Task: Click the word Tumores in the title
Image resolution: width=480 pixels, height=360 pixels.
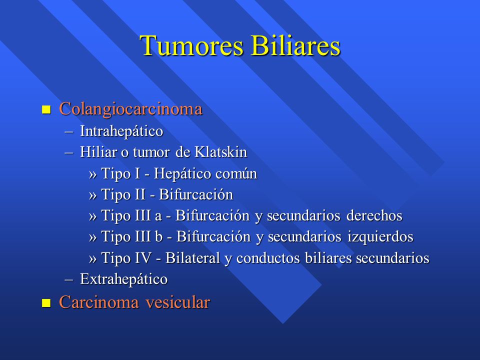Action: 191,45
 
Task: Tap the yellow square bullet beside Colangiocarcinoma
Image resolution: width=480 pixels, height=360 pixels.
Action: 46,109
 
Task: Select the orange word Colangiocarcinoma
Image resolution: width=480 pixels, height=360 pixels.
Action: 130,109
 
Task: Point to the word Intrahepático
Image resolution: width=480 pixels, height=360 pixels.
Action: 121,131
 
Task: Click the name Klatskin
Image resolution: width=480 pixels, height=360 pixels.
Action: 220,152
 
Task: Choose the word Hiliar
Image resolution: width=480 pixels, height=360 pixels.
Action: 98,152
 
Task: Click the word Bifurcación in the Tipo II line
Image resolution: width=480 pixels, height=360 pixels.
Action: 196,194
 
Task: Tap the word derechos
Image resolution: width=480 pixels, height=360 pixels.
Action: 374,215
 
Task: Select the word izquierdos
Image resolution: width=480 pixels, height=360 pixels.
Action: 380,237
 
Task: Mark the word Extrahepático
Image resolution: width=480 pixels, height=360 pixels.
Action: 124,279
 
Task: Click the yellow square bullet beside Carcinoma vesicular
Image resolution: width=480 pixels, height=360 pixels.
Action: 46,303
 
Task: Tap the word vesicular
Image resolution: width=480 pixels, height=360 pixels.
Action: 178,302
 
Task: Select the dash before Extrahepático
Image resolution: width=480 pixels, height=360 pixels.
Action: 69,279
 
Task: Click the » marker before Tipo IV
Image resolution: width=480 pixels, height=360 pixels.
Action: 93,258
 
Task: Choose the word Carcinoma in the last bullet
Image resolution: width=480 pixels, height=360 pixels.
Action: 99,302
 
